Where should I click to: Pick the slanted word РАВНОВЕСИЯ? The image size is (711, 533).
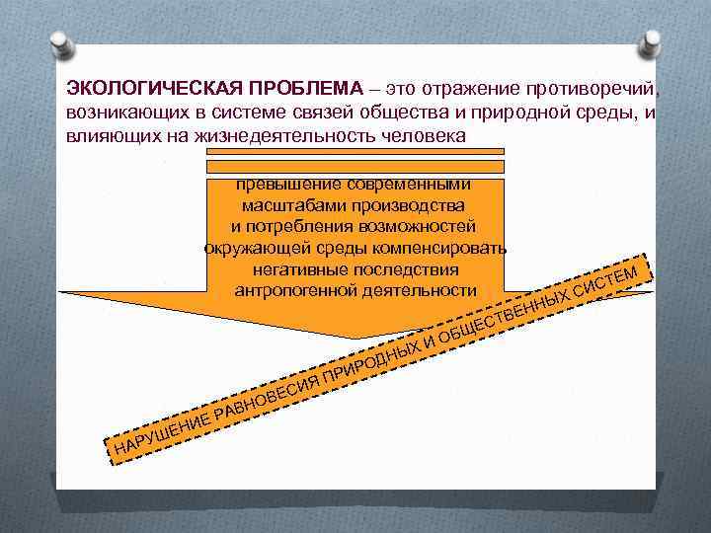coord(267,393)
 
